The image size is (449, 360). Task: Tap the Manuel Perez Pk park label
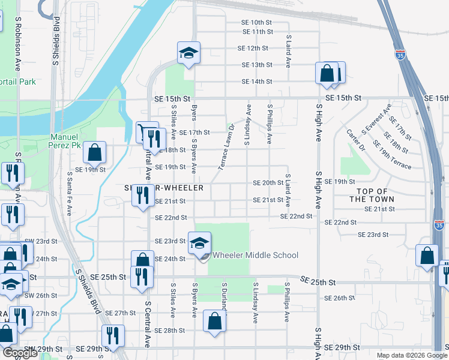pyautogui.click(x=73, y=141)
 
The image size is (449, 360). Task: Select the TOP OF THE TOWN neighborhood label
pyautogui.click(x=372, y=194)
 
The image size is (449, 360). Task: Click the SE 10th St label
pyautogui.click(x=257, y=22)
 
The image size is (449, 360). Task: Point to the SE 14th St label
pyautogui.click(x=257, y=82)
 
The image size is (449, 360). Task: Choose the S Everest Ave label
pyautogui.click(x=376, y=119)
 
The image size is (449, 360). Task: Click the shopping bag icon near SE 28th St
pyautogui.click(x=215, y=320)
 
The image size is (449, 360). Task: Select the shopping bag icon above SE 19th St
pyautogui.click(x=95, y=152)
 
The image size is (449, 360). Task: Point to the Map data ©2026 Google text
pyautogui.click(x=411, y=355)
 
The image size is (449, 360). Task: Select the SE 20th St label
pyautogui.click(x=268, y=182)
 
